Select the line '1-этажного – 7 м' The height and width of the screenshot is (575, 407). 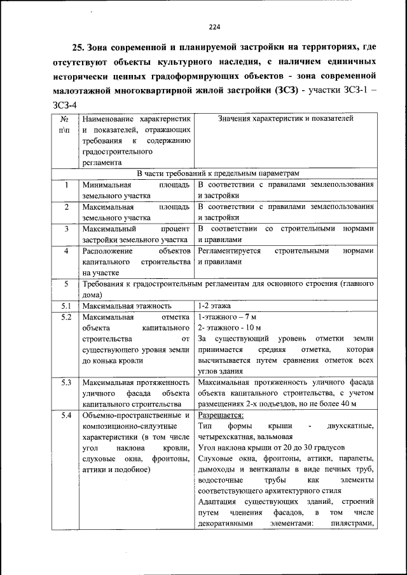(226, 316)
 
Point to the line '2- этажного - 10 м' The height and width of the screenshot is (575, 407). (229, 327)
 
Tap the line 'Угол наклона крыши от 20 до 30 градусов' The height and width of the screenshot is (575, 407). (271, 447)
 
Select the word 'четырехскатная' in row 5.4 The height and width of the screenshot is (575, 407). (226, 436)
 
